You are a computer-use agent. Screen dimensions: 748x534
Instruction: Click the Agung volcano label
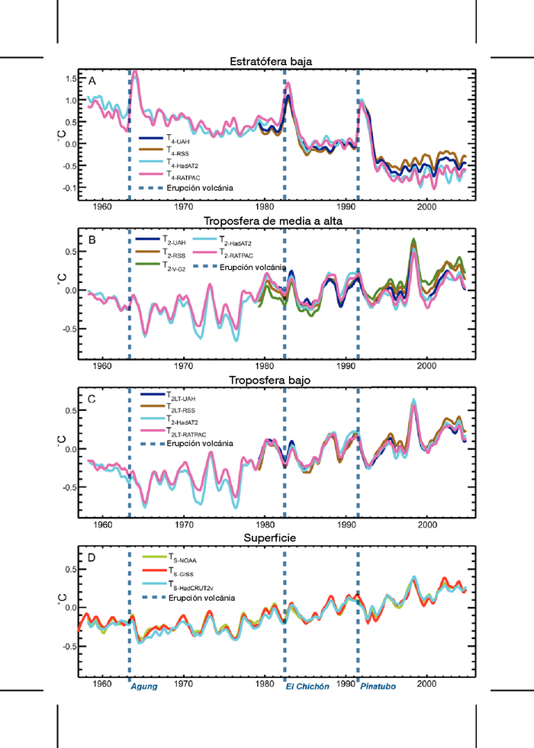pyautogui.click(x=144, y=686)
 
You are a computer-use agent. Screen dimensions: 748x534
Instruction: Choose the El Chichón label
pyautogui.click(x=307, y=686)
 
